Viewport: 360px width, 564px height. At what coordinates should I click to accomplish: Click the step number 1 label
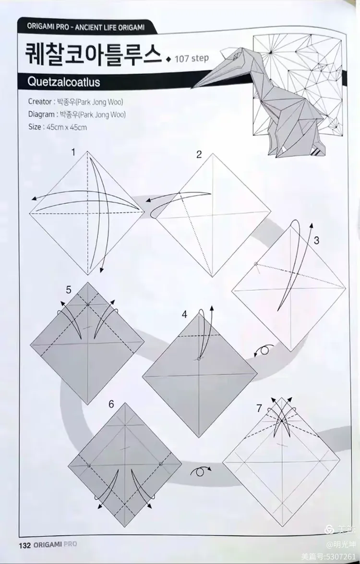click(73, 153)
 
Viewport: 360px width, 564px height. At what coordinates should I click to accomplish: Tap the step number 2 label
click(199, 155)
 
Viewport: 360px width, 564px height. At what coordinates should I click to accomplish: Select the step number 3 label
click(316, 241)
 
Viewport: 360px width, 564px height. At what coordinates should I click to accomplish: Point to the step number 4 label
click(184, 315)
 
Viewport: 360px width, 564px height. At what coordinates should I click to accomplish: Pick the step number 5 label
click(69, 290)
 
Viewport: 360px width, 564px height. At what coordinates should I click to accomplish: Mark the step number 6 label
click(111, 404)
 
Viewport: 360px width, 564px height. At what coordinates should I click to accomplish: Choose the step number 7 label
click(259, 408)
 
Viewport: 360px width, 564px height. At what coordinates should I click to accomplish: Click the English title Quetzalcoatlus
click(64, 82)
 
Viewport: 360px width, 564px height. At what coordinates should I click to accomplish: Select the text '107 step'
click(192, 59)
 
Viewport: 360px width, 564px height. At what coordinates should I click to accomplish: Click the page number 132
click(25, 545)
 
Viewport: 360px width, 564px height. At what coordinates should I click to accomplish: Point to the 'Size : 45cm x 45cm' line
click(58, 127)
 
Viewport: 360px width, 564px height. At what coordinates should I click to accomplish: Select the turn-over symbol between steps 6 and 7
click(200, 471)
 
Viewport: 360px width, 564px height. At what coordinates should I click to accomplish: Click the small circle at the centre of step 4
click(199, 358)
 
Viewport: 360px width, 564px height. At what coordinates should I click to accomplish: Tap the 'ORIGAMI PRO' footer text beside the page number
click(55, 545)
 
